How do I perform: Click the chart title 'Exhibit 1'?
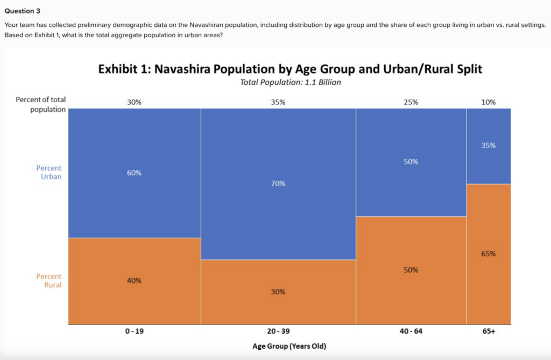point(290,70)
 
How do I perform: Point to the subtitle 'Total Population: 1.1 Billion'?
point(291,82)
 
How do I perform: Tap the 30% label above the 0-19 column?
point(134,102)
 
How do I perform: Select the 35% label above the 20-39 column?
point(278,102)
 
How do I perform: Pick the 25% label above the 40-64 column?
point(411,102)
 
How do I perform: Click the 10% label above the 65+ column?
point(489,102)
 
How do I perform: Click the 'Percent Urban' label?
point(49,172)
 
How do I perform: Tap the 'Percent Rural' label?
point(49,280)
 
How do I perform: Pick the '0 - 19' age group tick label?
point(134,331)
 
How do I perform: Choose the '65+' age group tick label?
point(489,331)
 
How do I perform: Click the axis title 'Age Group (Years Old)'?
point(289,346)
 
